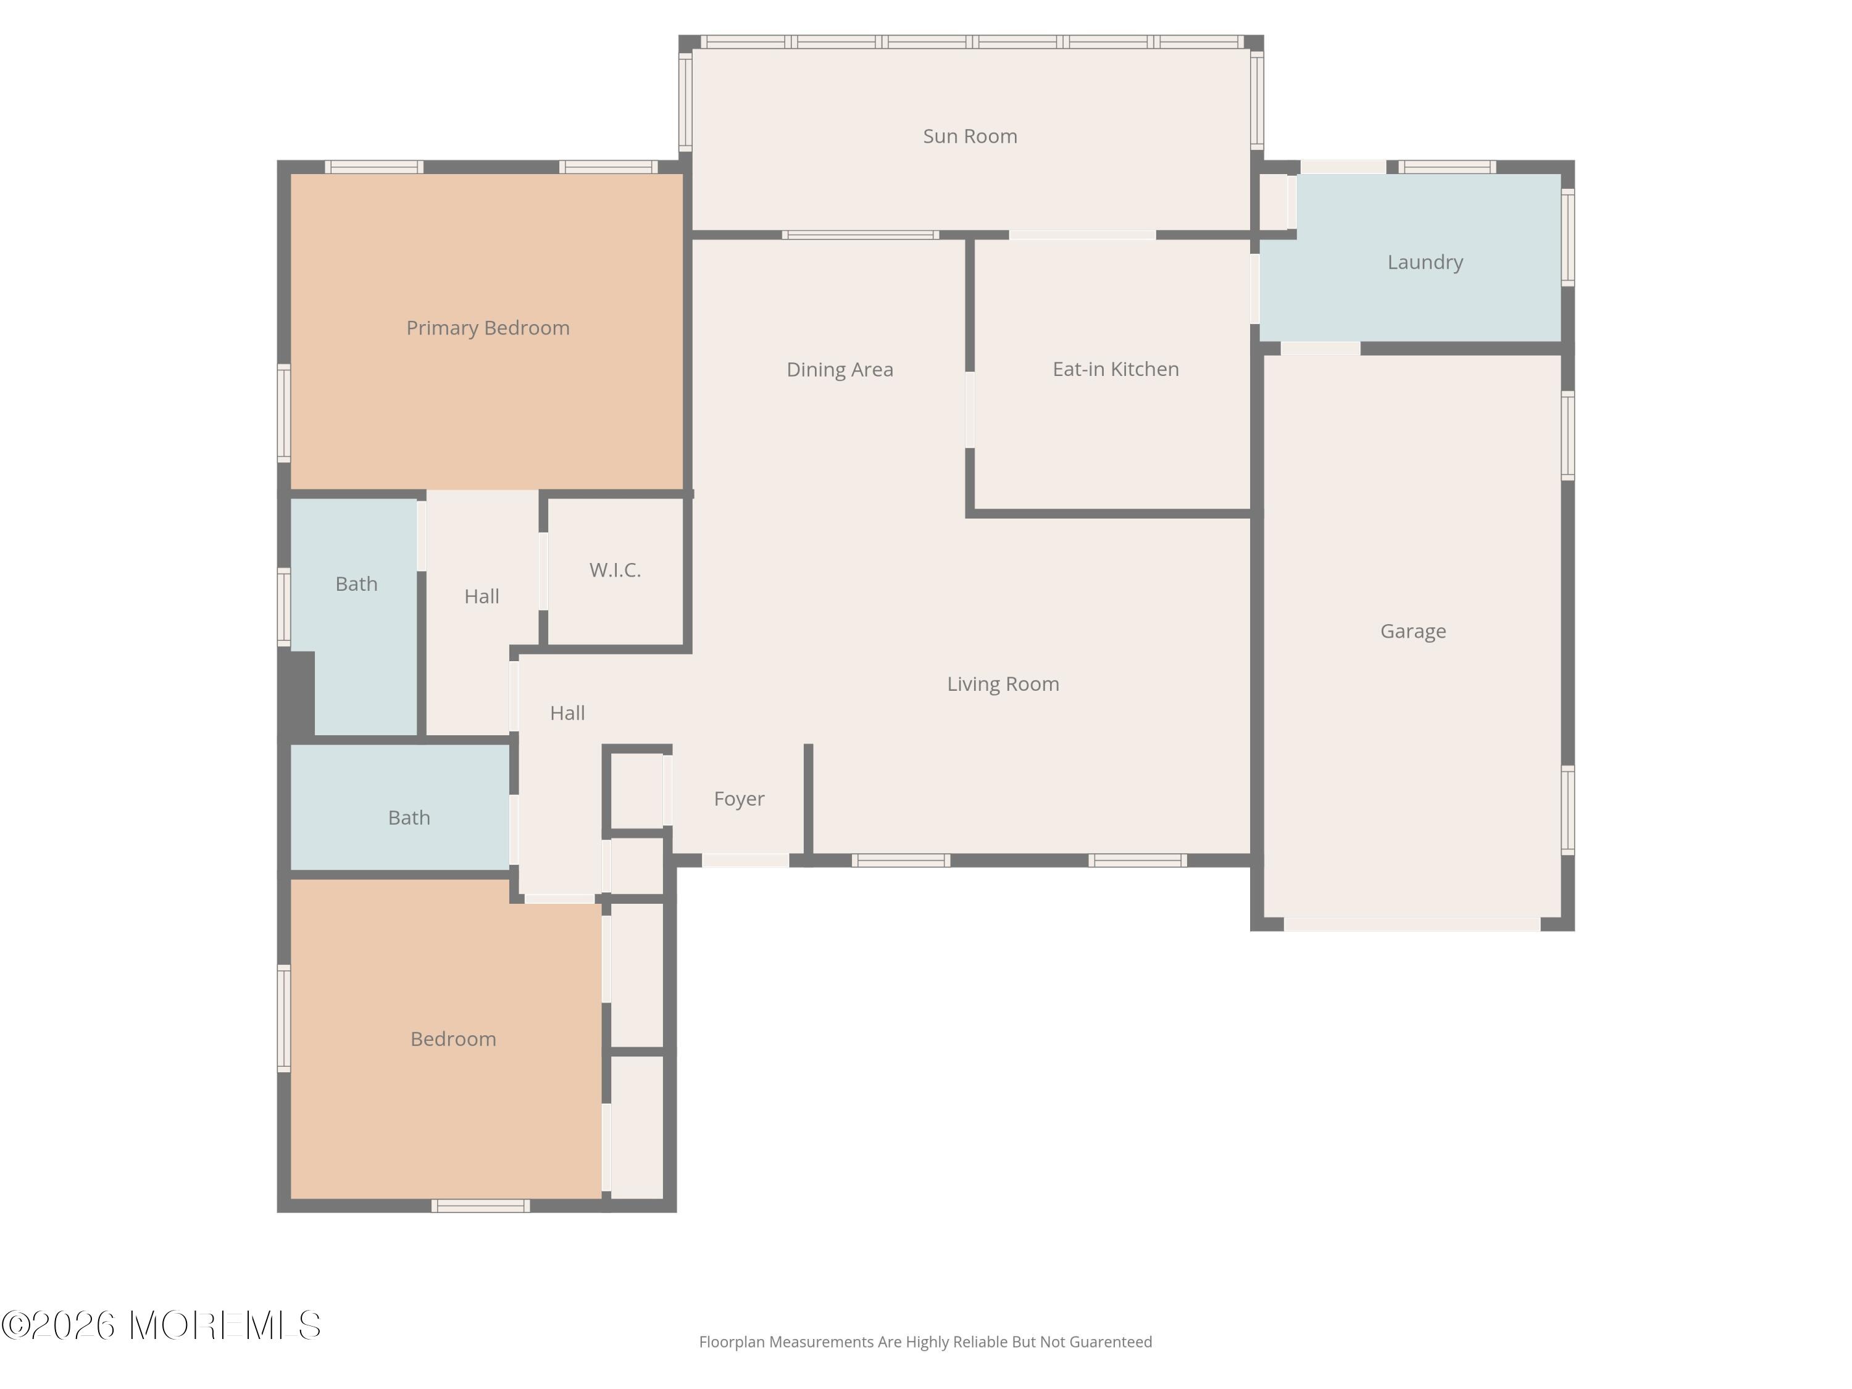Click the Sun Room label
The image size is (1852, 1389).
click(x=970, y=136)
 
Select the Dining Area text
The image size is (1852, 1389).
click(x=840, y=369)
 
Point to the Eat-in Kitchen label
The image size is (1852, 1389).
click(x=1116, y=369)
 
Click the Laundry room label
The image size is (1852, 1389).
click(x=1425, y=263)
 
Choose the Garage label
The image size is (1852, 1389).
click(x=1413, y=632)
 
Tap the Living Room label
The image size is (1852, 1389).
click(x=1003, y=684)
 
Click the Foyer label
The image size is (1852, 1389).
click(x=738, y=799)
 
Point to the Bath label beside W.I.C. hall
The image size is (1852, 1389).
click(x=357, y=585)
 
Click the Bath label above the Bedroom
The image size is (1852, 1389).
click(x=409, y=818)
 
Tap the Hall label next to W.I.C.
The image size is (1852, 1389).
click(x=482, y=596)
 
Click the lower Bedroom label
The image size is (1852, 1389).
click(x=453, y=1039)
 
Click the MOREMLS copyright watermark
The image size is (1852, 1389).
click(x=161, y=1325)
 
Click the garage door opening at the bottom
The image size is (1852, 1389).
click(x=1412, y=924)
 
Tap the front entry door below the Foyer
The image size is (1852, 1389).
click(x=745, y=860)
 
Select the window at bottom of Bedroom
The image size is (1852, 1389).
click(x=480, y=1206)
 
